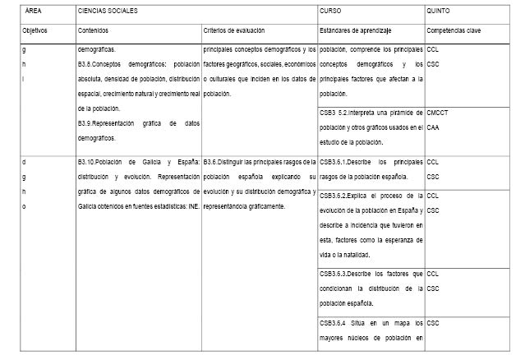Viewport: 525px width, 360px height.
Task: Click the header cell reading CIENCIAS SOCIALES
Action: (107, 12)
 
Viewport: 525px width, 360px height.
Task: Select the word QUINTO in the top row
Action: (437, 12)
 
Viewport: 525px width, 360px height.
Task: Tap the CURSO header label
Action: (329, 12)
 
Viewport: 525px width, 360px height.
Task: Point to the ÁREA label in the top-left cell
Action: (34, 12)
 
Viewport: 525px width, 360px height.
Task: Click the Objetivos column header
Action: (35, 30)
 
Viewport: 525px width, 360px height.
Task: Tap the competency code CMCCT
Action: (438, 113)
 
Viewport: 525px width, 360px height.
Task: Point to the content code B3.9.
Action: (85, 124)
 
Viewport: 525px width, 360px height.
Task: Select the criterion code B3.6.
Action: (212, 162)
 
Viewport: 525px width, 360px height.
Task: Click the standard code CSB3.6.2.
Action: (334, 196)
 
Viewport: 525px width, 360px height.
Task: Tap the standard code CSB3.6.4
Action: (334, 322)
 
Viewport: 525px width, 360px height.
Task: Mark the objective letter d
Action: (24, 162)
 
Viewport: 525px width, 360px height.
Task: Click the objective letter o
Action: (24, 205)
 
